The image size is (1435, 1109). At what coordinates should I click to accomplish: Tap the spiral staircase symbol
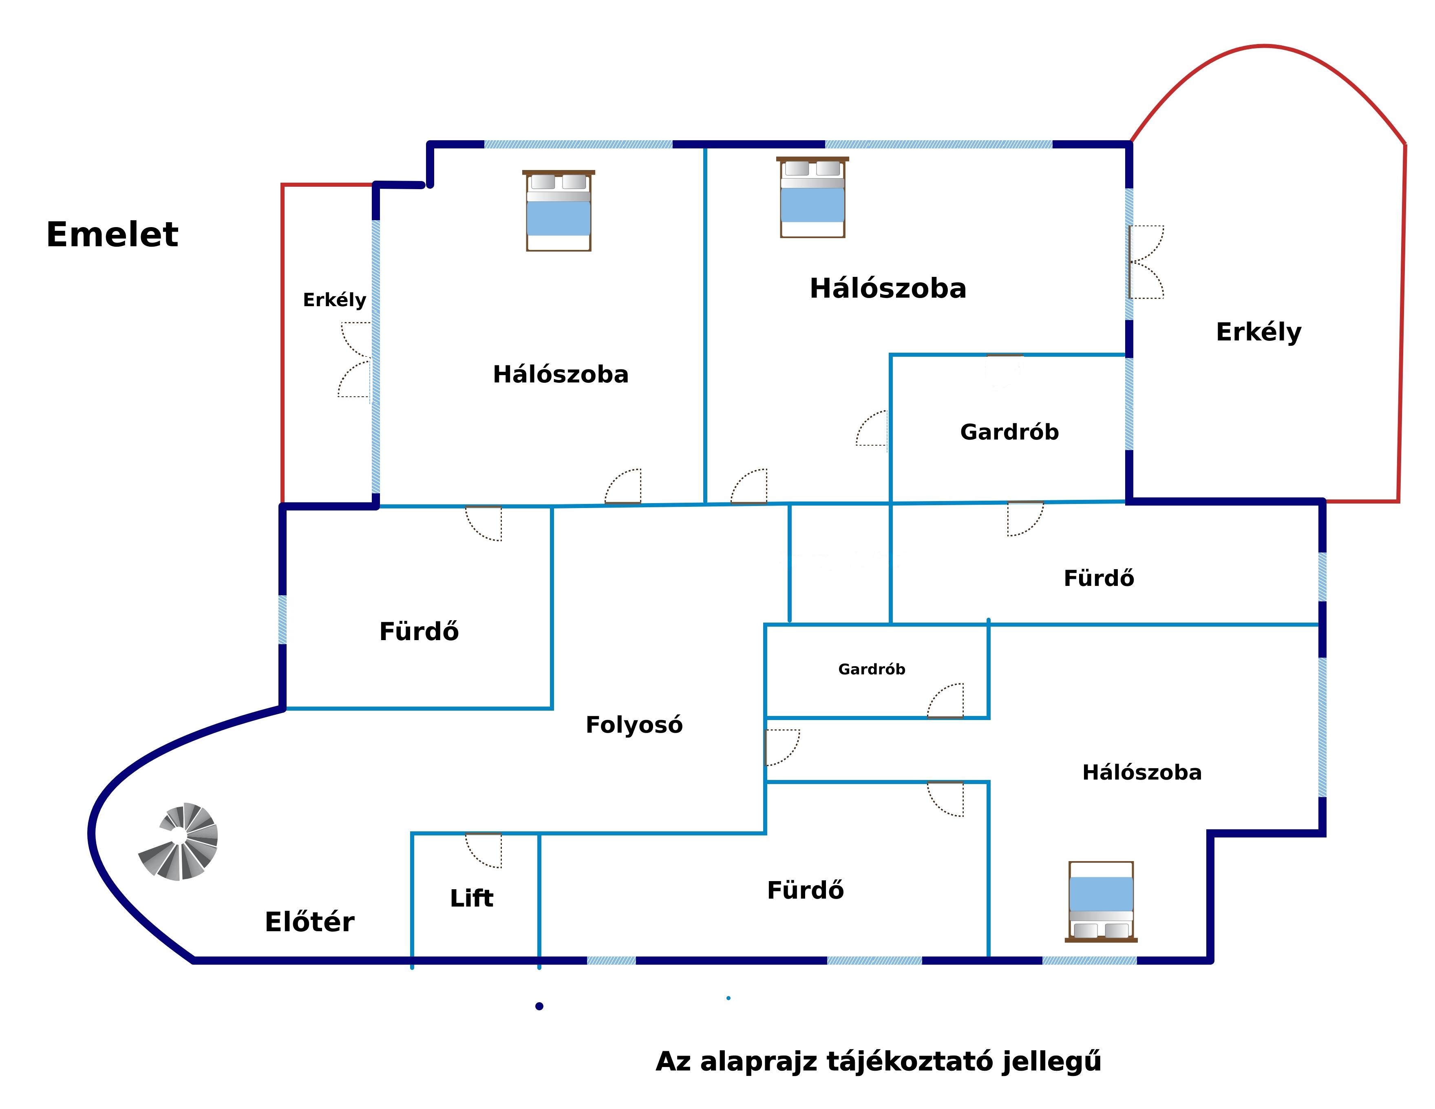pos(179,842)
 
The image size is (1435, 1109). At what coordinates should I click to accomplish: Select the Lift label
pos(471,898)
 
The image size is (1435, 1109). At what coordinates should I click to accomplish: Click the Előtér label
pos(309,922)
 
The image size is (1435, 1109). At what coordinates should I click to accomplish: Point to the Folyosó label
pos(634,725)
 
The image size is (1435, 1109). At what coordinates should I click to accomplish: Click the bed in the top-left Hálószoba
pos(559,210)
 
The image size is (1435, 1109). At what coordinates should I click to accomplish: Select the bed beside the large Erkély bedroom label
pos(813,197)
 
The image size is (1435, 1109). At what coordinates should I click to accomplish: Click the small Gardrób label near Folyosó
pos(872,669)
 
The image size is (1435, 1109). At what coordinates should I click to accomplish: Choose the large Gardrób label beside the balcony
pos(1009,432)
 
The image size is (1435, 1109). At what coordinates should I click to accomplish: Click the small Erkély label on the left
pos(334,300)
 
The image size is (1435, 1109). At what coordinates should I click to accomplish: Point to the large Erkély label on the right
pos(1258,332)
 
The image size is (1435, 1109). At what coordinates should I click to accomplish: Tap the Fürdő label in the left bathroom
pos(419,632)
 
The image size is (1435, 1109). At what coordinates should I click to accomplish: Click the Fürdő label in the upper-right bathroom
pos(1099,578)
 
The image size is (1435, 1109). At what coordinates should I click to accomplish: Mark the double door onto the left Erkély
pos(355,359)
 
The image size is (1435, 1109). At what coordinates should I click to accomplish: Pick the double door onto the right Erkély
pos(1146,262)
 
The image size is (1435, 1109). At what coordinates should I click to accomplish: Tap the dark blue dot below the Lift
pos(539,1007)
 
